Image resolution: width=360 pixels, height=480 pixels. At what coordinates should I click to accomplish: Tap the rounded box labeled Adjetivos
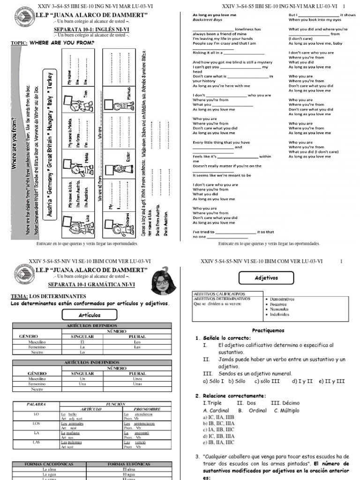tap(266, 278)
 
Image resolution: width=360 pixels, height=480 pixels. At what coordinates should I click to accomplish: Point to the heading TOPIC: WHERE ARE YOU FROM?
tap(52, 43)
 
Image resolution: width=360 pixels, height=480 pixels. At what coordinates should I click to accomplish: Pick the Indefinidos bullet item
tap(280, 315)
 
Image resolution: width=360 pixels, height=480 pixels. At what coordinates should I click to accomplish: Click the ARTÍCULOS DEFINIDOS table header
tap(92, 326)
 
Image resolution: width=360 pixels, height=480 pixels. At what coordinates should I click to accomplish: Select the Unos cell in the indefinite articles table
tap(137, 378)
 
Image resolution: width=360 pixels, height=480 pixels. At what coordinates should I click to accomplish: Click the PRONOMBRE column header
tap(147, 409)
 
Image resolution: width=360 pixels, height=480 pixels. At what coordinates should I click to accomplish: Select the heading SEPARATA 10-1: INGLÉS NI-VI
tap(92, 29)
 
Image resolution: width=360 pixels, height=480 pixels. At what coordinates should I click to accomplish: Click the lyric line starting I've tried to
tap(233, 232)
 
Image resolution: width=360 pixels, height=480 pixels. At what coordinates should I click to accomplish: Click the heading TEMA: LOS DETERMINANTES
tap(49, 296)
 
